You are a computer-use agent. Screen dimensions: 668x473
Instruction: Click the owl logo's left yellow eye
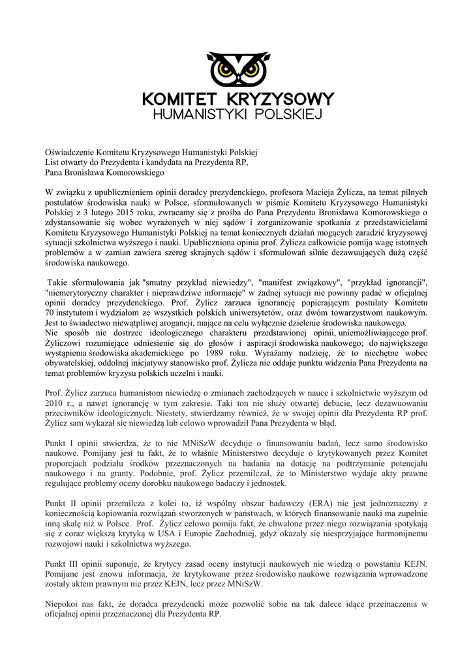[x=224, y=69]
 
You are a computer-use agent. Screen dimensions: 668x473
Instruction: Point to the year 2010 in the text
[x=54, y=404]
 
